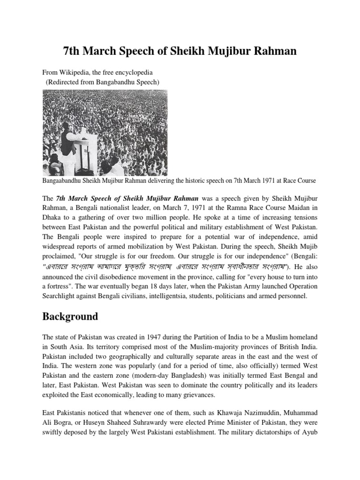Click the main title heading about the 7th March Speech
coord(180,51)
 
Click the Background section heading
coord(70,316)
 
